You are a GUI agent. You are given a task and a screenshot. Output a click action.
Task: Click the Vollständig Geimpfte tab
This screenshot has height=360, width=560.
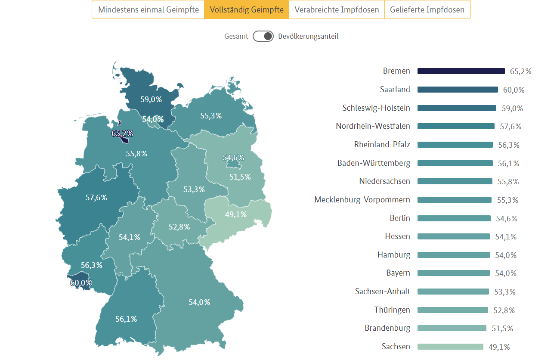click(247, 9)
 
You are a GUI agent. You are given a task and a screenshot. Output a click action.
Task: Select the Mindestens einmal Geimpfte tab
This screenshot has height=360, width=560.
click(148, 9)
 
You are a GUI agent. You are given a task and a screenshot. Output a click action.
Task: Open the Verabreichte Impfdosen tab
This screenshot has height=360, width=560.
click(337, 9)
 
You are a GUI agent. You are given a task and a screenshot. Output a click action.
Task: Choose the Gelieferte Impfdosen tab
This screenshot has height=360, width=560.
click(427, 9)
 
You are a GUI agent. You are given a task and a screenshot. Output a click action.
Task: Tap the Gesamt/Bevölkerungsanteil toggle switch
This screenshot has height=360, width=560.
click(263, 36)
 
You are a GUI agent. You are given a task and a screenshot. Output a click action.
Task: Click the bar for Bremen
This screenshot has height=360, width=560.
click(461, 71)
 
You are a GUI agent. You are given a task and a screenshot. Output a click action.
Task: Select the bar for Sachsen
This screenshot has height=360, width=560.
click(450, 347)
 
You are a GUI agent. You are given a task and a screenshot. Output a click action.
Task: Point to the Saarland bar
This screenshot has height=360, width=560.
click(458, 90)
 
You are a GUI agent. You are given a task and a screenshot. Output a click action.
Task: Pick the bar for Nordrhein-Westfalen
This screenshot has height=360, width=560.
click(456, 126)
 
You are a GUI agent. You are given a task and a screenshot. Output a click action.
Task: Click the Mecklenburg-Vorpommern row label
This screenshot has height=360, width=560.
click(362, 200)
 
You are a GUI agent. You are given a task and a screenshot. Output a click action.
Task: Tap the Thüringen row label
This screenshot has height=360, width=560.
click(392, 310)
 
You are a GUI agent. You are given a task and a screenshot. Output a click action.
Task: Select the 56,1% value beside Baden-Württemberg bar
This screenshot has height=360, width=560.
click(509, 164)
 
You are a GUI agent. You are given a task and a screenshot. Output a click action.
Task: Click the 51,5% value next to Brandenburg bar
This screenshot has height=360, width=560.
click(502, 329)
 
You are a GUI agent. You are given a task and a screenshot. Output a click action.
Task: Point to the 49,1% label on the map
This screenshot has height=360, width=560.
click(236, 214)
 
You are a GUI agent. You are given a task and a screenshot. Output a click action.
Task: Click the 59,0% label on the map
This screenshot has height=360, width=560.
click(151, 99)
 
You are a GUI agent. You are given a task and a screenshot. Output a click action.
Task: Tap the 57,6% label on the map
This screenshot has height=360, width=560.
click(96, 198)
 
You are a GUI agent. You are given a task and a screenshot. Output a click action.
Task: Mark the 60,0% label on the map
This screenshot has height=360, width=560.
click(81, 283)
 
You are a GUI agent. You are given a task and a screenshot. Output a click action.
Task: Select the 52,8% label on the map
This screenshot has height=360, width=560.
click(179, 227)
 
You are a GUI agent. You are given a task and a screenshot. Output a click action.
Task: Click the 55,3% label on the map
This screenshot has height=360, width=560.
click(211, 115)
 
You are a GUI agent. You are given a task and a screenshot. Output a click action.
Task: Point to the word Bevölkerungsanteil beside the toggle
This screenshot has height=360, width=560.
click(308, 36)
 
